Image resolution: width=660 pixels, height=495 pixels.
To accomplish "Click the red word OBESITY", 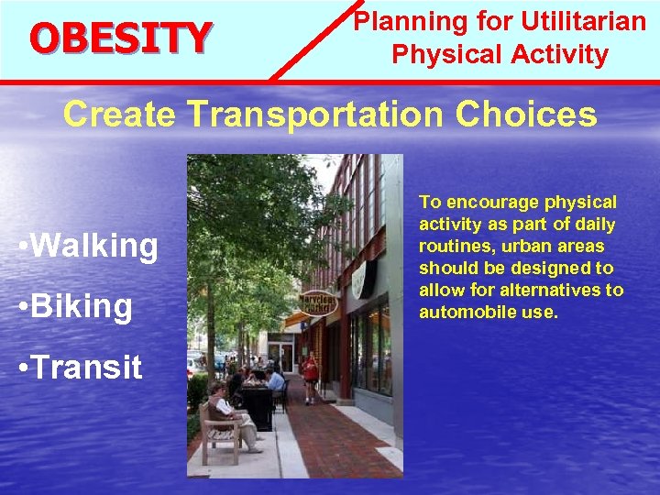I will [120, 38].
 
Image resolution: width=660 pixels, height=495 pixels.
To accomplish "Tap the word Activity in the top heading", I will [560, 55].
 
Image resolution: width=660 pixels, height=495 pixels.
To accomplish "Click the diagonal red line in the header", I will [312, 40].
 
